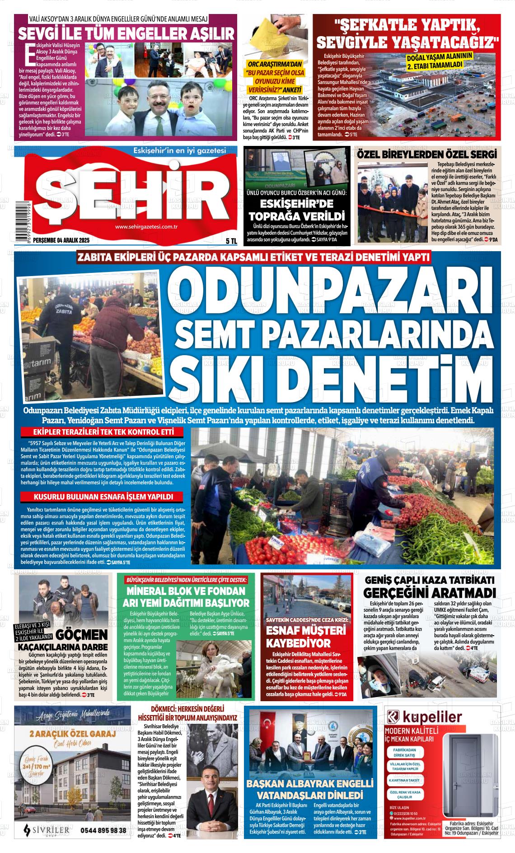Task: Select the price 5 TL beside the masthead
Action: [x=231, y=241]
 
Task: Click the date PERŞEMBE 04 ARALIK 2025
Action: [x=52, y=241]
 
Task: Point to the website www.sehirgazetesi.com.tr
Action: [x=145, y=227]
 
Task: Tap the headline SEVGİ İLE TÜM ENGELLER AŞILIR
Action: [x=126, y=34]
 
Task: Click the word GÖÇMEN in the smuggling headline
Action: [x=82, y=633]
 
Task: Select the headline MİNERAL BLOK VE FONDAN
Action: [x=186, y=591]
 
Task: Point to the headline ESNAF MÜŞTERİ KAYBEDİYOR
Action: [x=299, y=636]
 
